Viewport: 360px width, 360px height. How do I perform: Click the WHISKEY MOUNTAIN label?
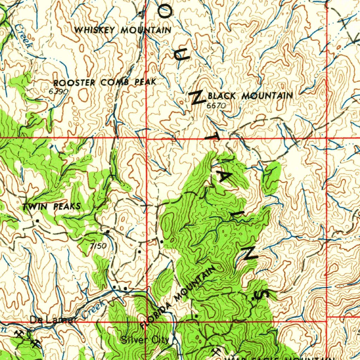pos(123,30)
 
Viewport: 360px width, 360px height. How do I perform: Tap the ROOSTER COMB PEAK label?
pos(104,83)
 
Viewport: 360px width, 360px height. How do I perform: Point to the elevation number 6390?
pos(58,91)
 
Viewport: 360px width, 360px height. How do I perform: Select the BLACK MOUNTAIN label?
pos(250,96)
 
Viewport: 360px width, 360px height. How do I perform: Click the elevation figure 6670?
pos(216,105)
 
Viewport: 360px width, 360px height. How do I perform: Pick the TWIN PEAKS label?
pos(52,206)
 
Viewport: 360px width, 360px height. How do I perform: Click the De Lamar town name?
pos(53,320)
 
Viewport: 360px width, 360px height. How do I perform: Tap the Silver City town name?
pos(145,340)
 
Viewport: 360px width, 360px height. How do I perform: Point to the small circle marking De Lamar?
pos(32,329)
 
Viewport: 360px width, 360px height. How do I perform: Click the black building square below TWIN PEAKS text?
pos(37,221)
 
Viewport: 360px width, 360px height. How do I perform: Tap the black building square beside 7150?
pos(108,232)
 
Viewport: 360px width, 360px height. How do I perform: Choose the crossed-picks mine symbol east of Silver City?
pos(216,351)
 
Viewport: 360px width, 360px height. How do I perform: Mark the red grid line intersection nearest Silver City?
pos(146,321)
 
